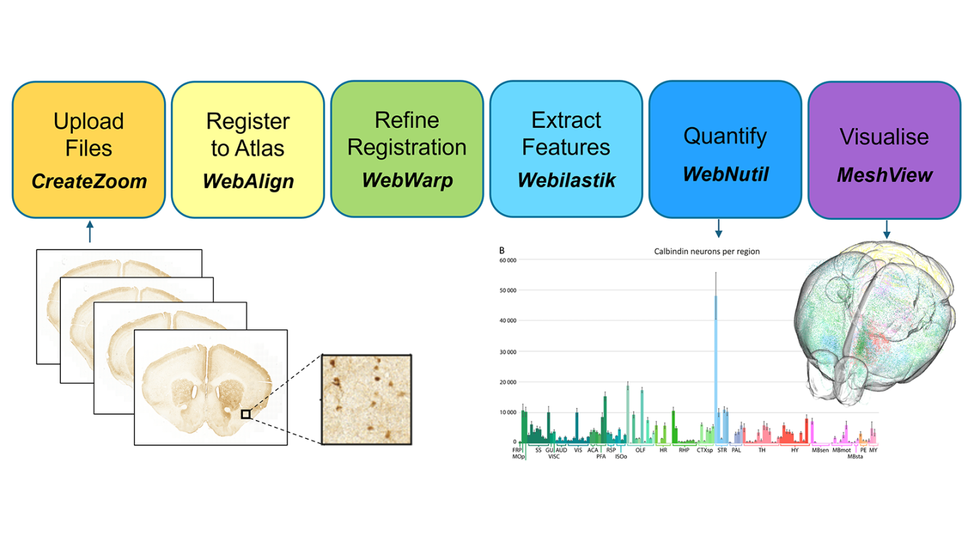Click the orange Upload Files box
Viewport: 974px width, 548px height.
coord(89,149)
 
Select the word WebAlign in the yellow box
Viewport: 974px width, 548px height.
coord(248,181)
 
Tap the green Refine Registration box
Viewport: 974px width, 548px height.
coord(407,149)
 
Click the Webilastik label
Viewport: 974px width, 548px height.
coord(565,180)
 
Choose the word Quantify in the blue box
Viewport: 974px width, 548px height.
coord(724,136)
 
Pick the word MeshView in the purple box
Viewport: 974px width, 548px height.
coord(884,175)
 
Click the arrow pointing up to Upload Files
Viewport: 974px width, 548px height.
coord(90,233)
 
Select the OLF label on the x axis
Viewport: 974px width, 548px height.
coord(640,449)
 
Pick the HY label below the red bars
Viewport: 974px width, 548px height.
coord(795,449)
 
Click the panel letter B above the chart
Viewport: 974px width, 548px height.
coord(501,250)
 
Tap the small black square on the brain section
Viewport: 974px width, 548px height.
coord(246,413)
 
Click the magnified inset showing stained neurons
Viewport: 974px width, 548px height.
coord(366,399)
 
